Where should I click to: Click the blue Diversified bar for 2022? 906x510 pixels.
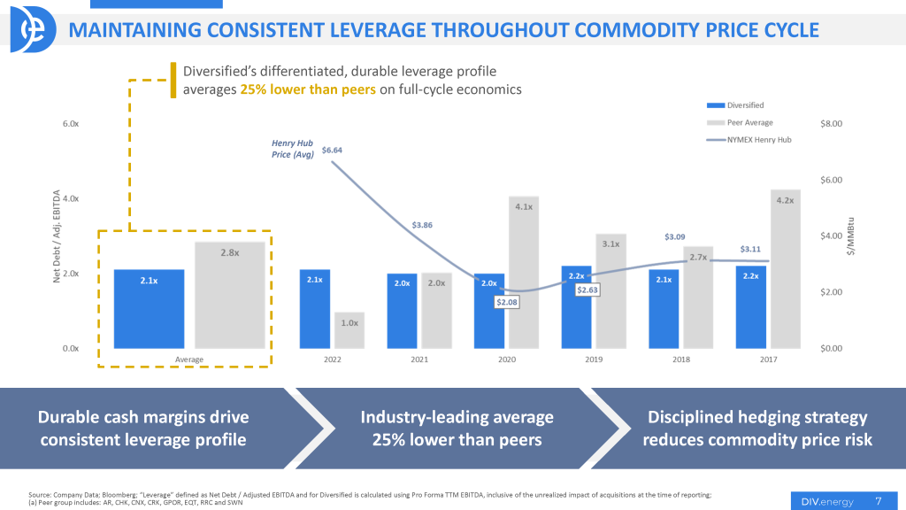coord(315,309)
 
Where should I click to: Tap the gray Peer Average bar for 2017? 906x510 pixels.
coord(785,269)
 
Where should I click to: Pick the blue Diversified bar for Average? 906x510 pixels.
coord(149,309)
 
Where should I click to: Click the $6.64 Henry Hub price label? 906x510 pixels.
coord(332,151)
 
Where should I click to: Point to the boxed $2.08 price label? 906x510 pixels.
coord(507,302)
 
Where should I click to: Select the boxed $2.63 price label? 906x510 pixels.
coord(587,290)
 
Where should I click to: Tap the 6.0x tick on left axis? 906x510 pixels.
coord(71,124)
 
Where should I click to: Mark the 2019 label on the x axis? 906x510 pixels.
coord(593,359)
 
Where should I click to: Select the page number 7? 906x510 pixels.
coord(878,501)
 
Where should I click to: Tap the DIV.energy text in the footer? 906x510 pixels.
coord(823,501)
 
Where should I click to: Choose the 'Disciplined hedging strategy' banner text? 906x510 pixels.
coord(757,417)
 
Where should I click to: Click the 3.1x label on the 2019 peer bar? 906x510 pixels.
coord(611,243)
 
